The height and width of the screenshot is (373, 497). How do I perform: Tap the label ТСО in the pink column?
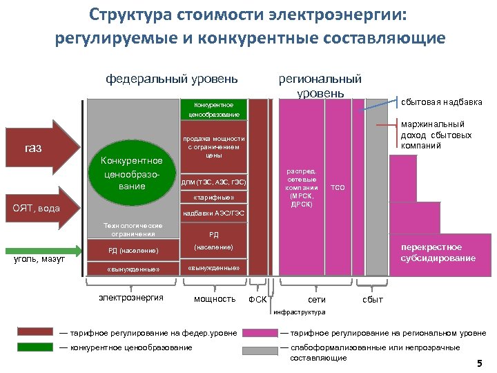coord(338,187)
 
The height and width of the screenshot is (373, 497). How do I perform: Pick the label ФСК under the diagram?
coord(257,300)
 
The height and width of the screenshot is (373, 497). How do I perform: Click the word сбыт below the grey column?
coord(373,300)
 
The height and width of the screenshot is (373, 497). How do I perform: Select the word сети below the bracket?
coord(317,300)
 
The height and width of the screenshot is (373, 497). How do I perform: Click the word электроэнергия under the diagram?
coord(130,298)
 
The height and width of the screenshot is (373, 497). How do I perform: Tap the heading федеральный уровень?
coord(172,79)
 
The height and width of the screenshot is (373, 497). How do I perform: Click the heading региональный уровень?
coord(319,86)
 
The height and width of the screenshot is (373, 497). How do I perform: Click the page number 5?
coord(479,363)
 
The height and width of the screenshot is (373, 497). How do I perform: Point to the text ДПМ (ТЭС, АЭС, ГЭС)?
coord(213,182)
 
